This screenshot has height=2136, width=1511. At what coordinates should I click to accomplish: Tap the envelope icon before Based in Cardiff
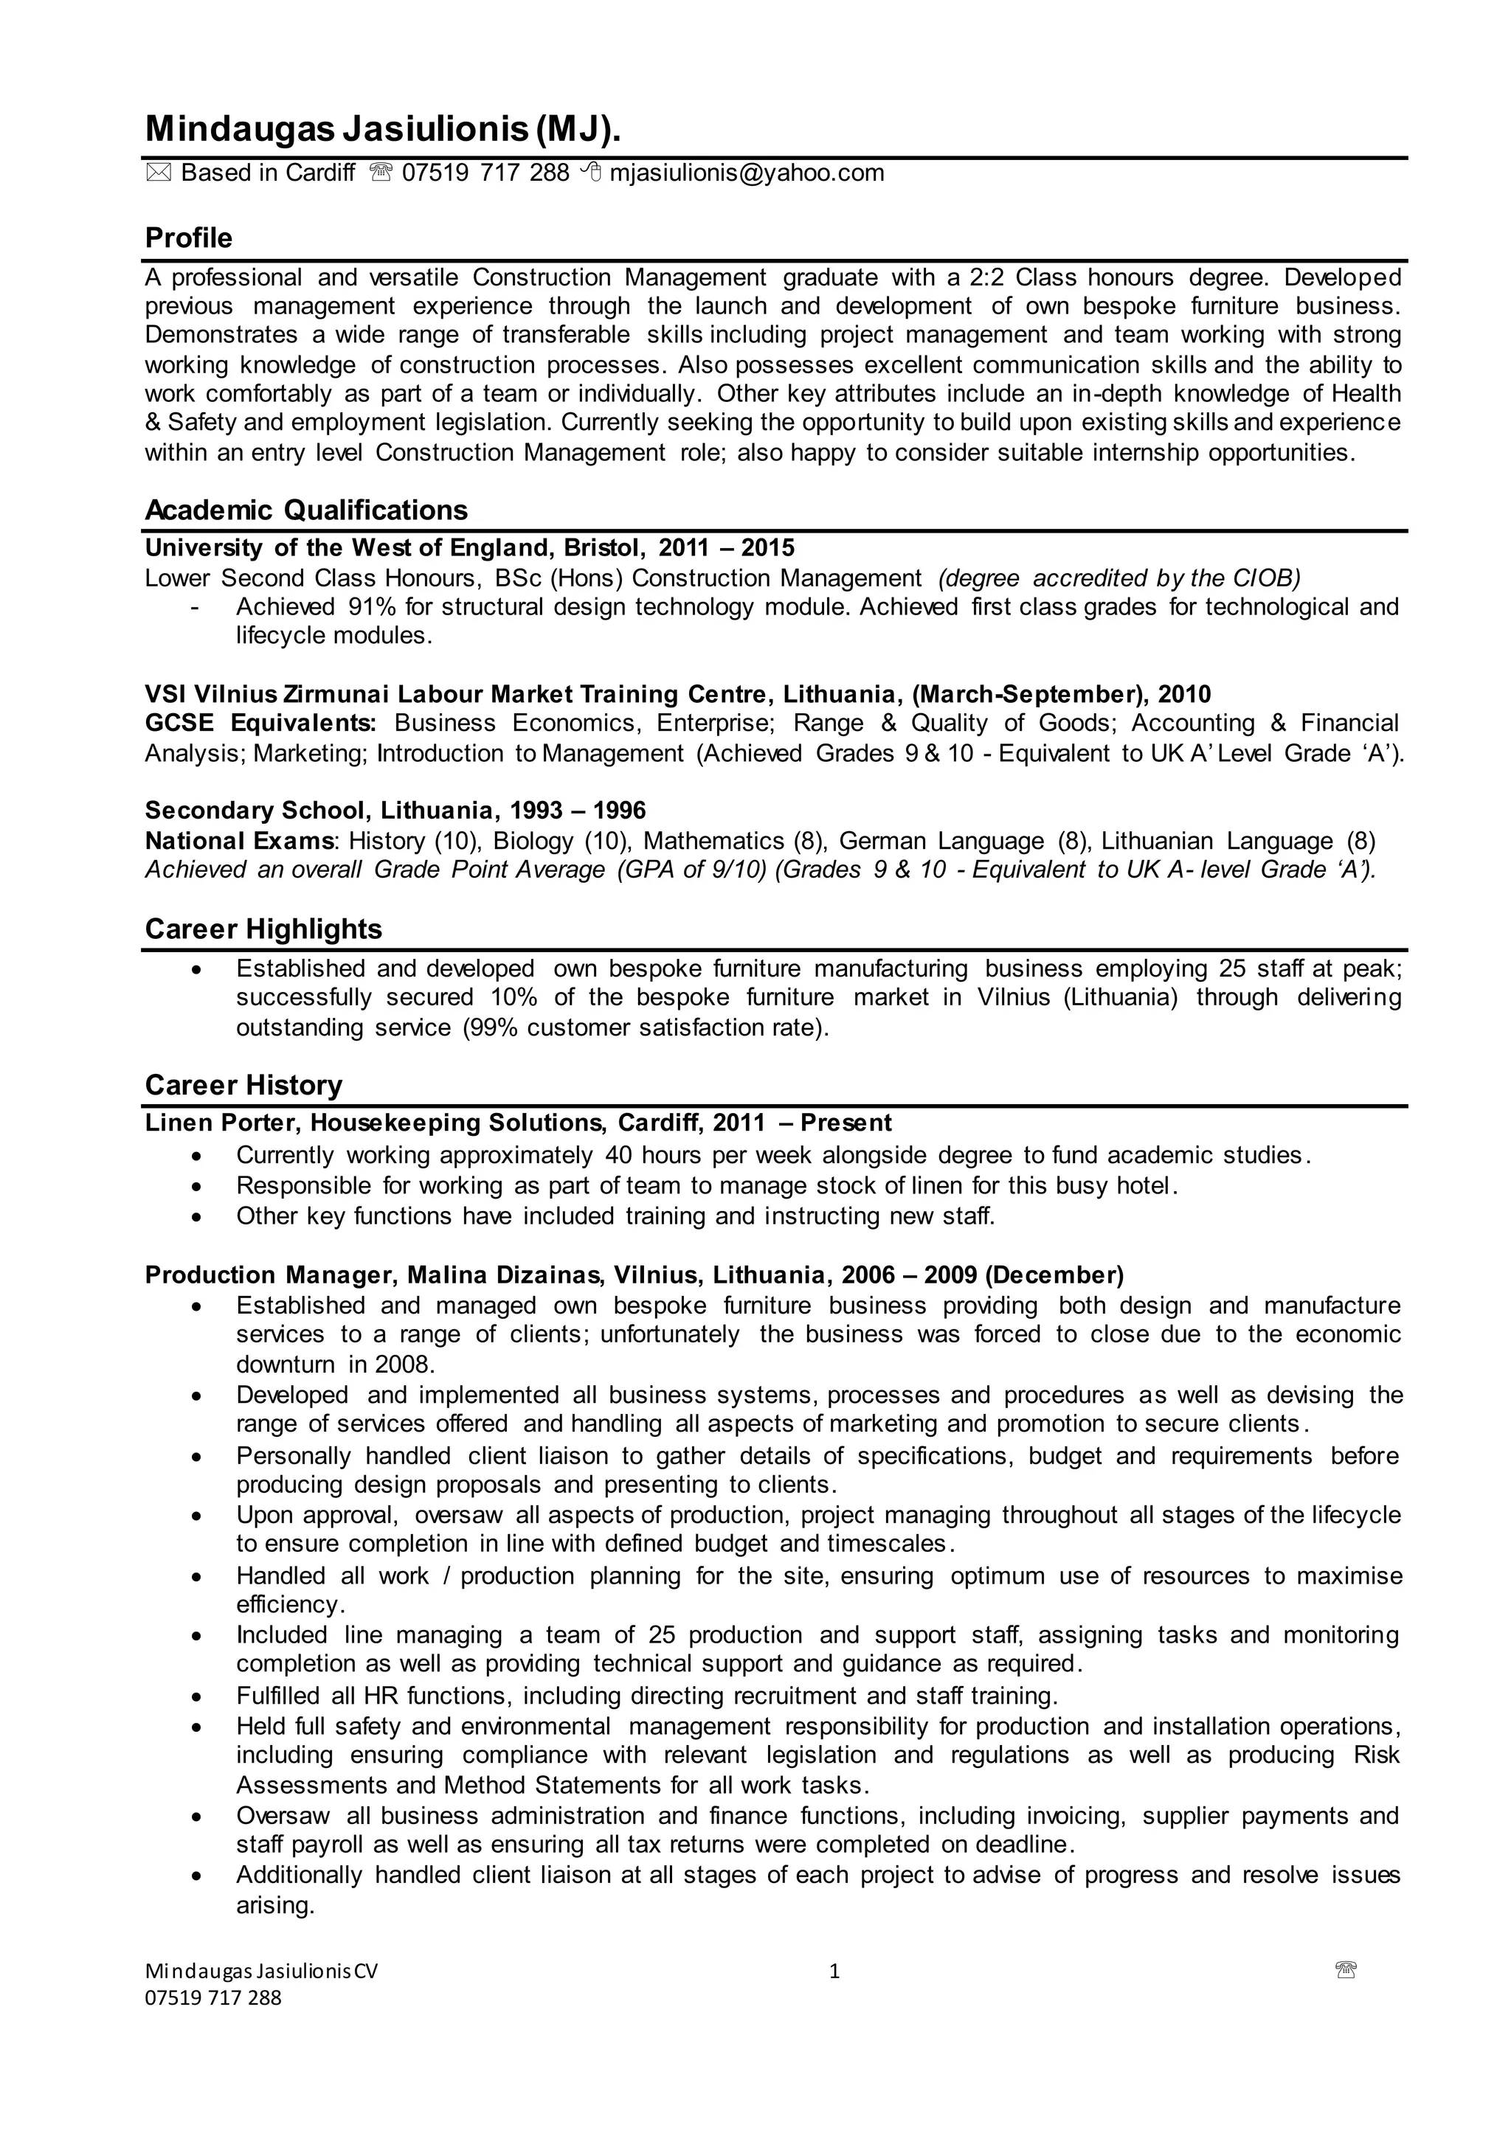(158, 173)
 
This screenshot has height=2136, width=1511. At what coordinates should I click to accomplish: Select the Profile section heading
(189, 238)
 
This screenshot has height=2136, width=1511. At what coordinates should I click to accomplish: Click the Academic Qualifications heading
(306, 510)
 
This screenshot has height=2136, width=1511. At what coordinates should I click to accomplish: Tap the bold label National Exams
(240, 842)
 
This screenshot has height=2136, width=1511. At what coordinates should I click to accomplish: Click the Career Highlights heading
(263, 929)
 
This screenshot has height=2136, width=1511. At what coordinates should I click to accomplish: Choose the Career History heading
(243, 1085)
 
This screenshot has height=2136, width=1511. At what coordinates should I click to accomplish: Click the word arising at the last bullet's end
(275, 1906)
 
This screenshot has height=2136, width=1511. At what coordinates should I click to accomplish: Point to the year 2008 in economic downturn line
(407, 1365)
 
